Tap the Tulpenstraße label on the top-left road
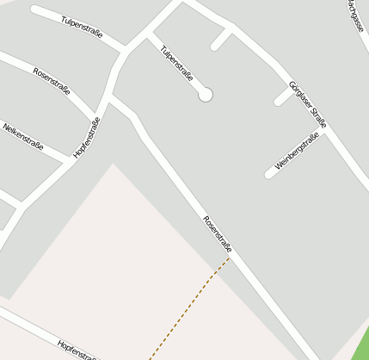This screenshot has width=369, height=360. coord(83,27)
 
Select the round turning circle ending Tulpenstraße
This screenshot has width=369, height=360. coord(206,95)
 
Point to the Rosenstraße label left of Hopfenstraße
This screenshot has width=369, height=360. coord(52,80)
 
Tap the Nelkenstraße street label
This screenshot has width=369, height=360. coord(23,136)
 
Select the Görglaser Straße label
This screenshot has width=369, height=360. coord(307,104)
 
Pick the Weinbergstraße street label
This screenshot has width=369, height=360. coord(297,150)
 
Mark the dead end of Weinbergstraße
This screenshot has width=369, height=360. coord(269,174)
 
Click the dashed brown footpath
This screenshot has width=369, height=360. coord(189,306)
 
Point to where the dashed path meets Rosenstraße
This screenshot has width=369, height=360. coord(230,257)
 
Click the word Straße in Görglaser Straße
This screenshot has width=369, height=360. coord(317,117)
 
